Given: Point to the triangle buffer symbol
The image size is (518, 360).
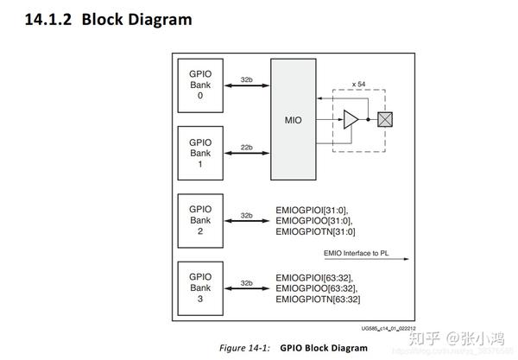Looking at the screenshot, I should [x=351, y=120].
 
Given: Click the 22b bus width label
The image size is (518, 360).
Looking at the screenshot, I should [x=246, y=148].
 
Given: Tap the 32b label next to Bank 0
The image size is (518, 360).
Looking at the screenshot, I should [x=246, y=79].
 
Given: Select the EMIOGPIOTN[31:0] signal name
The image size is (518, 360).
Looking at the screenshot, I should [x=315, y=231].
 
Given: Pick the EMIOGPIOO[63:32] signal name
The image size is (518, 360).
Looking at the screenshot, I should [x=315, y=288].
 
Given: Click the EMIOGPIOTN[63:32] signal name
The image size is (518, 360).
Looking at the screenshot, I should [x=317, y=300].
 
